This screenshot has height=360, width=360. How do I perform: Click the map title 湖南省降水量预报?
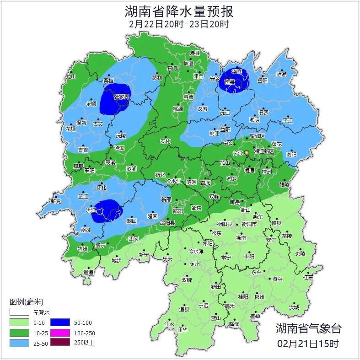point(179,11)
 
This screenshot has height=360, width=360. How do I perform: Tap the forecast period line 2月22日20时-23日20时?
point(179,24)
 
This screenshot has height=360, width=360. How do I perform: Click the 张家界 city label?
point(122,97)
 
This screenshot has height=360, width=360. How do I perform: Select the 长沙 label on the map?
point(238,153)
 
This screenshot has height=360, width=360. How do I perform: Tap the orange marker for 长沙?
point(247,152)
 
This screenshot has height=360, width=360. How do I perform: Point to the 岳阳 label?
point(262,81)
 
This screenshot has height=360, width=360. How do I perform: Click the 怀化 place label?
point(101,188)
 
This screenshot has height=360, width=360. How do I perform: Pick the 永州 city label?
point(195,264)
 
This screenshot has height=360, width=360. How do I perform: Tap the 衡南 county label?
point(241,238)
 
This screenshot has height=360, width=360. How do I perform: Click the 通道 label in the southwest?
point(89,272)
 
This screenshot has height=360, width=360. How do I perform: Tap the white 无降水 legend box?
point(19,313)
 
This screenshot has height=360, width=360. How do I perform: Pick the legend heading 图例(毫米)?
point(26,302)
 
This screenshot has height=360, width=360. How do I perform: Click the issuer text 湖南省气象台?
point(308,328)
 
